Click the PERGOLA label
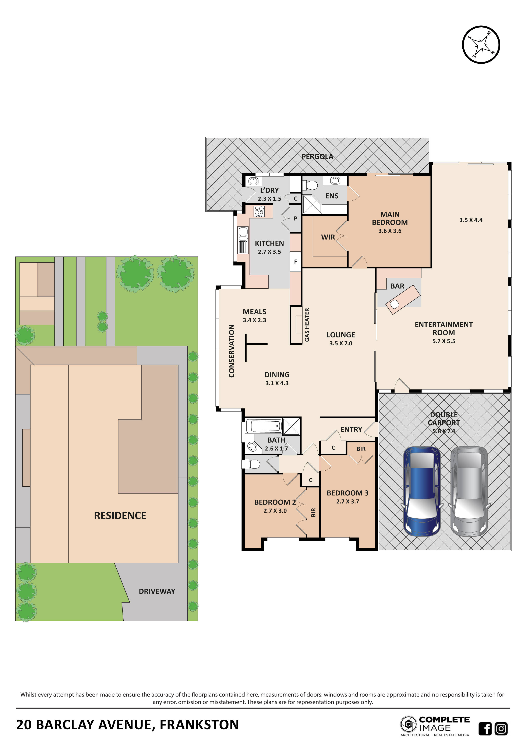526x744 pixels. pos(317,157)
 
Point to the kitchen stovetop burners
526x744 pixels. pos(259,211)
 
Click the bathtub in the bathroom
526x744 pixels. pos(264,426)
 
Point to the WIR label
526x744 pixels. pos(328,237)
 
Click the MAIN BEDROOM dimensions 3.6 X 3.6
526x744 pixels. pos(390,231)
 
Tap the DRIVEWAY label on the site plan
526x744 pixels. pos(157,591)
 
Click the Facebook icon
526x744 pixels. pos(485,729)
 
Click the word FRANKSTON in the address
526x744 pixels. pos(199,724)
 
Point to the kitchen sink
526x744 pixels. pos(243,232)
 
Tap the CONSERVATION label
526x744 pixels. pos(232,351)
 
